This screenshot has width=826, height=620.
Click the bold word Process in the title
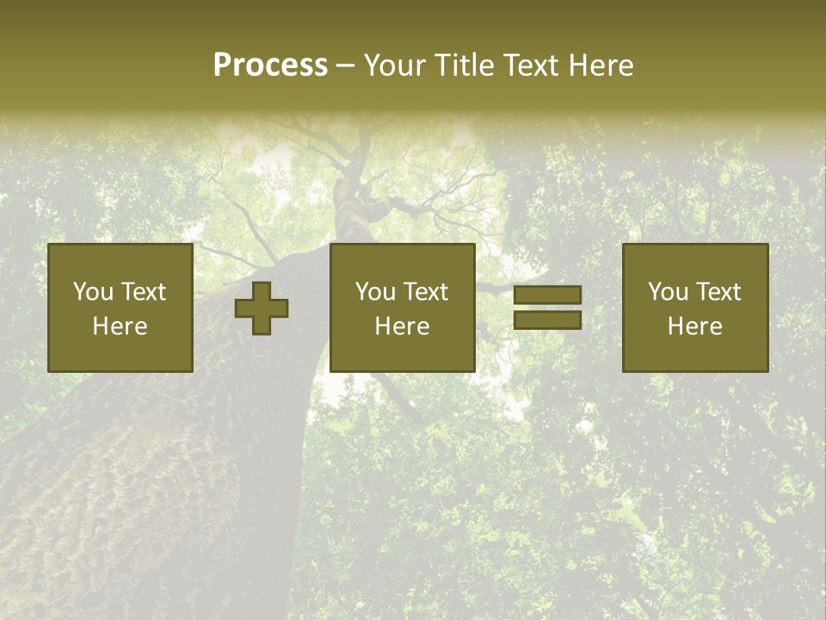(270, 65)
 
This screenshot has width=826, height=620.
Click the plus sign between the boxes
(262, 308)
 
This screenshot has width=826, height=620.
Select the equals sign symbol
(547, 307)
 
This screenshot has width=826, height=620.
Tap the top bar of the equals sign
(547, 295)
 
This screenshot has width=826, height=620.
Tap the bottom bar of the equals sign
(547, 319)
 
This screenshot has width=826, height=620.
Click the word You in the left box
(93, 292)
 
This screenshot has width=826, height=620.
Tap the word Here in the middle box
(402, 326)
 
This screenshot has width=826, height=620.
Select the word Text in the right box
(718, 292)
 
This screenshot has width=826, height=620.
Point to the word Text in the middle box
(425, 292)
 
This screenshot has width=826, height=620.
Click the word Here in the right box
(695, 326)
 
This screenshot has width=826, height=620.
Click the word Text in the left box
(143, 292)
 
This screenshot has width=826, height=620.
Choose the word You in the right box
(668, 292)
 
